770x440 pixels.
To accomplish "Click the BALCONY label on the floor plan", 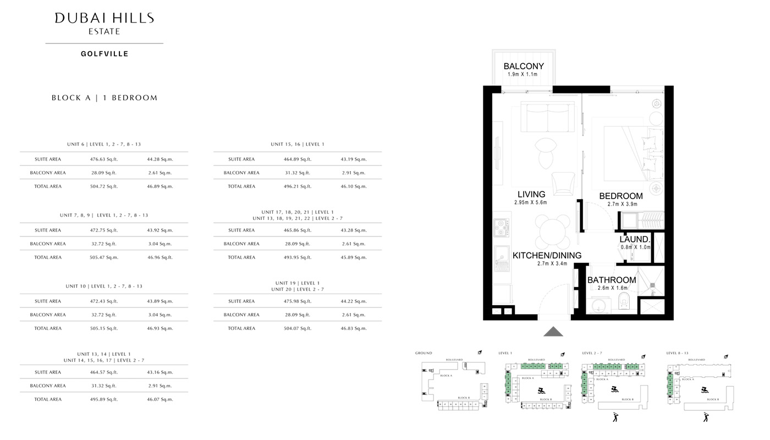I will point(524,67).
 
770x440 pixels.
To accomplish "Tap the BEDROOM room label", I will point(621,196).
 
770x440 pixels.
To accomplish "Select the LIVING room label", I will point(531,194).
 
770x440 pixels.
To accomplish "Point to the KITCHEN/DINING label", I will point(547,255).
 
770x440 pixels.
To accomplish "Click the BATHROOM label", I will point(612,280).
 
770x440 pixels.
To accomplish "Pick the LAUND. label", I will point(635,239).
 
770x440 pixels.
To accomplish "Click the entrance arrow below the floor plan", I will point(553,331).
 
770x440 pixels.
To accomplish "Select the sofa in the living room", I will point(543,117).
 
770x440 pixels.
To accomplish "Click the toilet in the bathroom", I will point(624,300).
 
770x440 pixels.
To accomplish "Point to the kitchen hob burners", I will point(501,227).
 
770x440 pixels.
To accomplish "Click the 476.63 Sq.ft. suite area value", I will point(104,159).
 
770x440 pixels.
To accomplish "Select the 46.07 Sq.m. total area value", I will point(160,399).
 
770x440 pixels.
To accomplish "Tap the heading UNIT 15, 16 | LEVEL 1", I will point(298,144).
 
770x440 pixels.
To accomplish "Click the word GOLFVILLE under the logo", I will point(105,54).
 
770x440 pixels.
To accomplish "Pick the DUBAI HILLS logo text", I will point(105,18).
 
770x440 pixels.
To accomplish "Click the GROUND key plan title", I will point(424,353).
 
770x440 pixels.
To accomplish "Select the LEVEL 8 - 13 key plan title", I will point(677,353).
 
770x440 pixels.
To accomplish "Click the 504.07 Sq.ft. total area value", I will point(298,328).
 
